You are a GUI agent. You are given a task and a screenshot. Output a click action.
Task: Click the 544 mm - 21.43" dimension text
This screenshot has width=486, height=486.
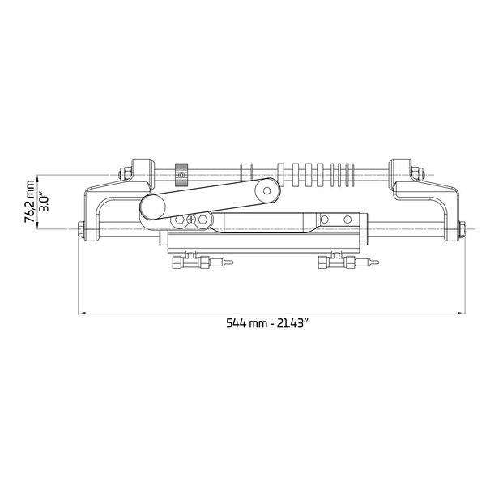pos(266,323)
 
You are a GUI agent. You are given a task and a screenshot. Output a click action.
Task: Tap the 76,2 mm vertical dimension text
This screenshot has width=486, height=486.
pos(30,202)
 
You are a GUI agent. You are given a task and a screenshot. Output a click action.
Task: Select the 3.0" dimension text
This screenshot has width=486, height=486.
pos(45,202)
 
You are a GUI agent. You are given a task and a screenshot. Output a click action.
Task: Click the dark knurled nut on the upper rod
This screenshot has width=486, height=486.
pos(181,175)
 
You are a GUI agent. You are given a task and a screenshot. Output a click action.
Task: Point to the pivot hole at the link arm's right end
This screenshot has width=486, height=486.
pos(266,190)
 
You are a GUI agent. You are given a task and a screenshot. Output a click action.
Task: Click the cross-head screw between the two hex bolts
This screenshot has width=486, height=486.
pos(191,220)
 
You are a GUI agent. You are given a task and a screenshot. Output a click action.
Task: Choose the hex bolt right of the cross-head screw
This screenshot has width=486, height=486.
pos(202,220)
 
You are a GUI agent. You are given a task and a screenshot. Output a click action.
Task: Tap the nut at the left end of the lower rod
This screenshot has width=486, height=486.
pos(81,230)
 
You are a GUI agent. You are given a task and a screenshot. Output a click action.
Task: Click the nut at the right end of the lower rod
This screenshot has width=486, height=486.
pos(462,230)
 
